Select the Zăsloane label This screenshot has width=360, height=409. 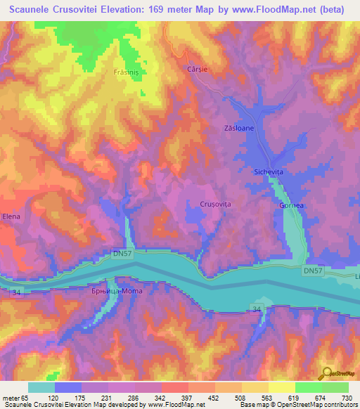[x=239, y=129]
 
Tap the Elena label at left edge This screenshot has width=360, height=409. [x=11, y=216]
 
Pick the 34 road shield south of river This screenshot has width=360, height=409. [x=257, y=308]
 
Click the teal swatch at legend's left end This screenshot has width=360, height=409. [x=41, y=387]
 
